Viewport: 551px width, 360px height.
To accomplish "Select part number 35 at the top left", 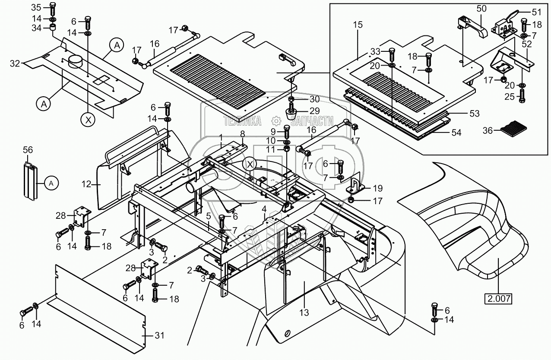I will click(37, 8).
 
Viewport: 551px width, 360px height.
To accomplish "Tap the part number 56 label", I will click(28, 150).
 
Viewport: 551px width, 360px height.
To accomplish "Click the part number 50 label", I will click(481, 9).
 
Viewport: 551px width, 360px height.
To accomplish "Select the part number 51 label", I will click(536, 12).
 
